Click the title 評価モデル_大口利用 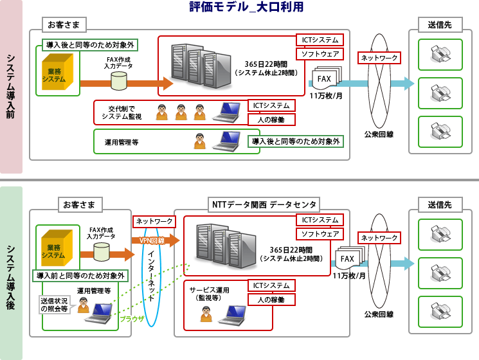click(246, 8)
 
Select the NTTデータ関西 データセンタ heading click(264, 204)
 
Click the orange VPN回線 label click(152, 240)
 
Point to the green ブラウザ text click(133, 318)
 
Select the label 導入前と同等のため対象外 click(80, 275)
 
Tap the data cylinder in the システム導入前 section click(120, 81)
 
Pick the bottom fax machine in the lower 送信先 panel click(440, 309)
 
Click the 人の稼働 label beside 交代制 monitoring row click(271, 120)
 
